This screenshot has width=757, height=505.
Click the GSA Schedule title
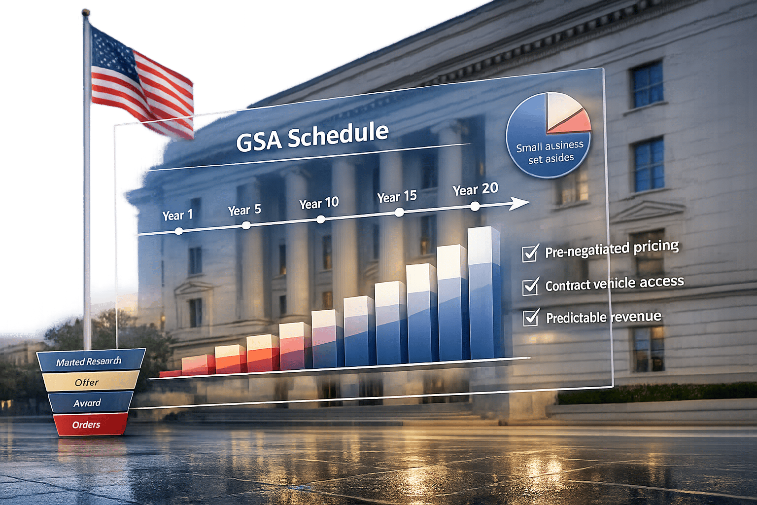point(312,137)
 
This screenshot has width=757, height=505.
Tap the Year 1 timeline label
point(177,216)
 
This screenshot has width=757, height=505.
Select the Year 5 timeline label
point(244,210)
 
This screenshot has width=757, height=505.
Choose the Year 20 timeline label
point(475,189)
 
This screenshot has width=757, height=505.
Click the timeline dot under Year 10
point(321,219)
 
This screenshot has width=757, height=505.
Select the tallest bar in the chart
point(484,293)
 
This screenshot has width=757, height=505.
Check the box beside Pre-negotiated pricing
point(530,253)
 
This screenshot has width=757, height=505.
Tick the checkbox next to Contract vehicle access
point(530,287)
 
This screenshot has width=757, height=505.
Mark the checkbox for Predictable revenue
point(531,318)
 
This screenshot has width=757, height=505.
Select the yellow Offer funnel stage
point(89,382)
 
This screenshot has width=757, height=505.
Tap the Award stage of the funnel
point(89,403)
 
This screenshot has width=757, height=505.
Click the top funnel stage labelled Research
point(90,361)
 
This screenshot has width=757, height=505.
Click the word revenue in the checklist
point(636,317)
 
